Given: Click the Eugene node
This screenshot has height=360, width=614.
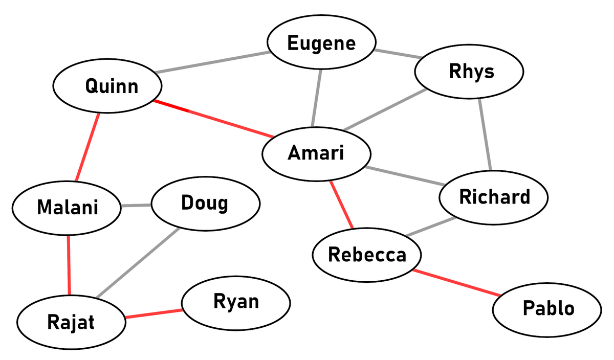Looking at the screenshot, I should tap(321, 43).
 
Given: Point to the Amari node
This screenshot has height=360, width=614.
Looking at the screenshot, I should tap(316, 153).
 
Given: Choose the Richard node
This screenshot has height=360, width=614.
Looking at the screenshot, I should tap(494, 197).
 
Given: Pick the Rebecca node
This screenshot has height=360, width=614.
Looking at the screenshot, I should tap(367, 254).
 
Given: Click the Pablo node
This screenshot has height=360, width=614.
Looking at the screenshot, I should tap(548, 308).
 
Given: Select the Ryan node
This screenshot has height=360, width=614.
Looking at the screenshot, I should tap(236, 301).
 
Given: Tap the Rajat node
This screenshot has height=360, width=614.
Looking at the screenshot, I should tap(71, 323).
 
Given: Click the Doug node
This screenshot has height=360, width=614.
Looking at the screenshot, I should tap(205, 204).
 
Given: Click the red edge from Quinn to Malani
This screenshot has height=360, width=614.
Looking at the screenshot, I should tap(87, 147).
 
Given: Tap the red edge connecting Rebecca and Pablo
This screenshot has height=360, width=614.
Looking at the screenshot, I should tap(457, 282).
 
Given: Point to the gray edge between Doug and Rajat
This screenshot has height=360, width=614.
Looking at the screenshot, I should tap(138, 263).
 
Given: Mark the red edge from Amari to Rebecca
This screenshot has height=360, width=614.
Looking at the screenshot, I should tap(341, 205).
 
